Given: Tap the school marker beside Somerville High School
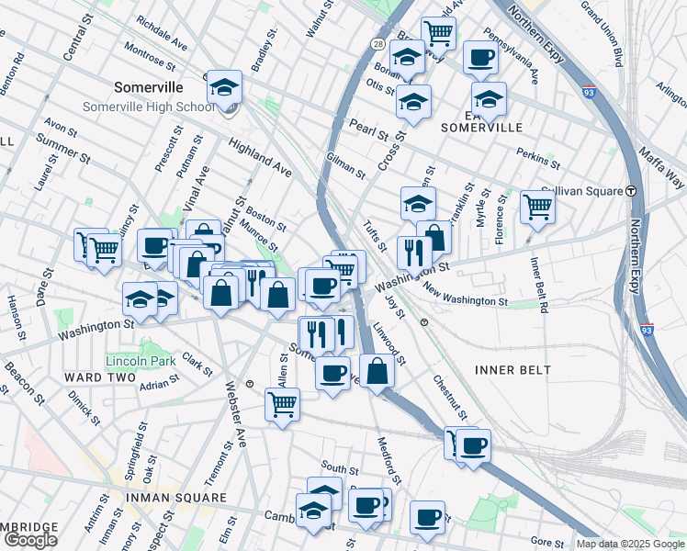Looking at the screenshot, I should coord(224,89).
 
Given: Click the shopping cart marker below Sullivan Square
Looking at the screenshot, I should coord(537,207).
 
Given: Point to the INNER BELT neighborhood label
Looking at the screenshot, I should coord(512,370).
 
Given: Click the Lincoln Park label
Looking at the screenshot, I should coord(140,360).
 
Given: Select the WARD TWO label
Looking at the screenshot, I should coord(94,377).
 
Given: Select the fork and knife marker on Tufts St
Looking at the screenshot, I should coord(414,253).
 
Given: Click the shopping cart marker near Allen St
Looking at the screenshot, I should coord(282,403).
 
